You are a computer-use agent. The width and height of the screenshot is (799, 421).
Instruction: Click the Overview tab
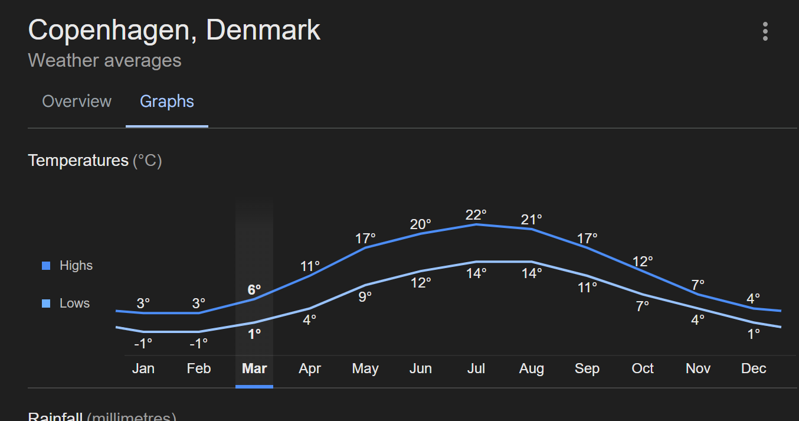click(x=77, y=102)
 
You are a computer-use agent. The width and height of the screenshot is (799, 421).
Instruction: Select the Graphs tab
click(x=167, y=102)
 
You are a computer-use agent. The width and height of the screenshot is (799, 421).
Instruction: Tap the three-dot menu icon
click(x=765, y=31)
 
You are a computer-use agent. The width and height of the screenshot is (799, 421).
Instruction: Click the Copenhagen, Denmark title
click(x=174, y=30)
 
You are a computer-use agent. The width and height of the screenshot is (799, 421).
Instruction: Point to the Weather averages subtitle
click(x=104, y=61)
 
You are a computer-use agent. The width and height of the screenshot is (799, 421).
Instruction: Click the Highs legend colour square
click(x=46, y=266)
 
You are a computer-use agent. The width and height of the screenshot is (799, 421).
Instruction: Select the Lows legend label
click(x=74, y=303)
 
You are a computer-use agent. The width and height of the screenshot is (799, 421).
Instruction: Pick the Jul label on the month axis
click(x=476, y=369)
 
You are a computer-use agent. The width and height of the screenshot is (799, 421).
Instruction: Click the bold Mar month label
click(x=254, y=369)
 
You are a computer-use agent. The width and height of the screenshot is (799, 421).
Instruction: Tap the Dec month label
click(x=754, y=369)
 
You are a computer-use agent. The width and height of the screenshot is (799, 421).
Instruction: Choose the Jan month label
click(x=143, y=369)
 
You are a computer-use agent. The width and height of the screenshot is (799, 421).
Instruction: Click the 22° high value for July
click(x=476, y=214)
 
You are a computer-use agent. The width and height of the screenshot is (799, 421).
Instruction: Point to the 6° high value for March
click(x=254, y=290)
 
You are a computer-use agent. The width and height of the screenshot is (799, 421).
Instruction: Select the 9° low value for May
click(x=365, y=296)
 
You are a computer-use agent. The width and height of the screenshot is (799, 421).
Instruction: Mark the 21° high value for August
click(x=532, y=220)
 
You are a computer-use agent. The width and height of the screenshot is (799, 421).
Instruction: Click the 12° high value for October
click(x=643, y=262)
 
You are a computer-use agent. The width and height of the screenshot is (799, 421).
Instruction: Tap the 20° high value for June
click(x=421, y=224)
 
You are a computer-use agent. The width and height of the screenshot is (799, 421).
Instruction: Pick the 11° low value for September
click(x=587, y=288)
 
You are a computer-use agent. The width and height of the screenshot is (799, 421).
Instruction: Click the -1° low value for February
click(x=199, y=343)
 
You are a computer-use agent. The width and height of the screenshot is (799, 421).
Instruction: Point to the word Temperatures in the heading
click(x=78, y=161)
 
